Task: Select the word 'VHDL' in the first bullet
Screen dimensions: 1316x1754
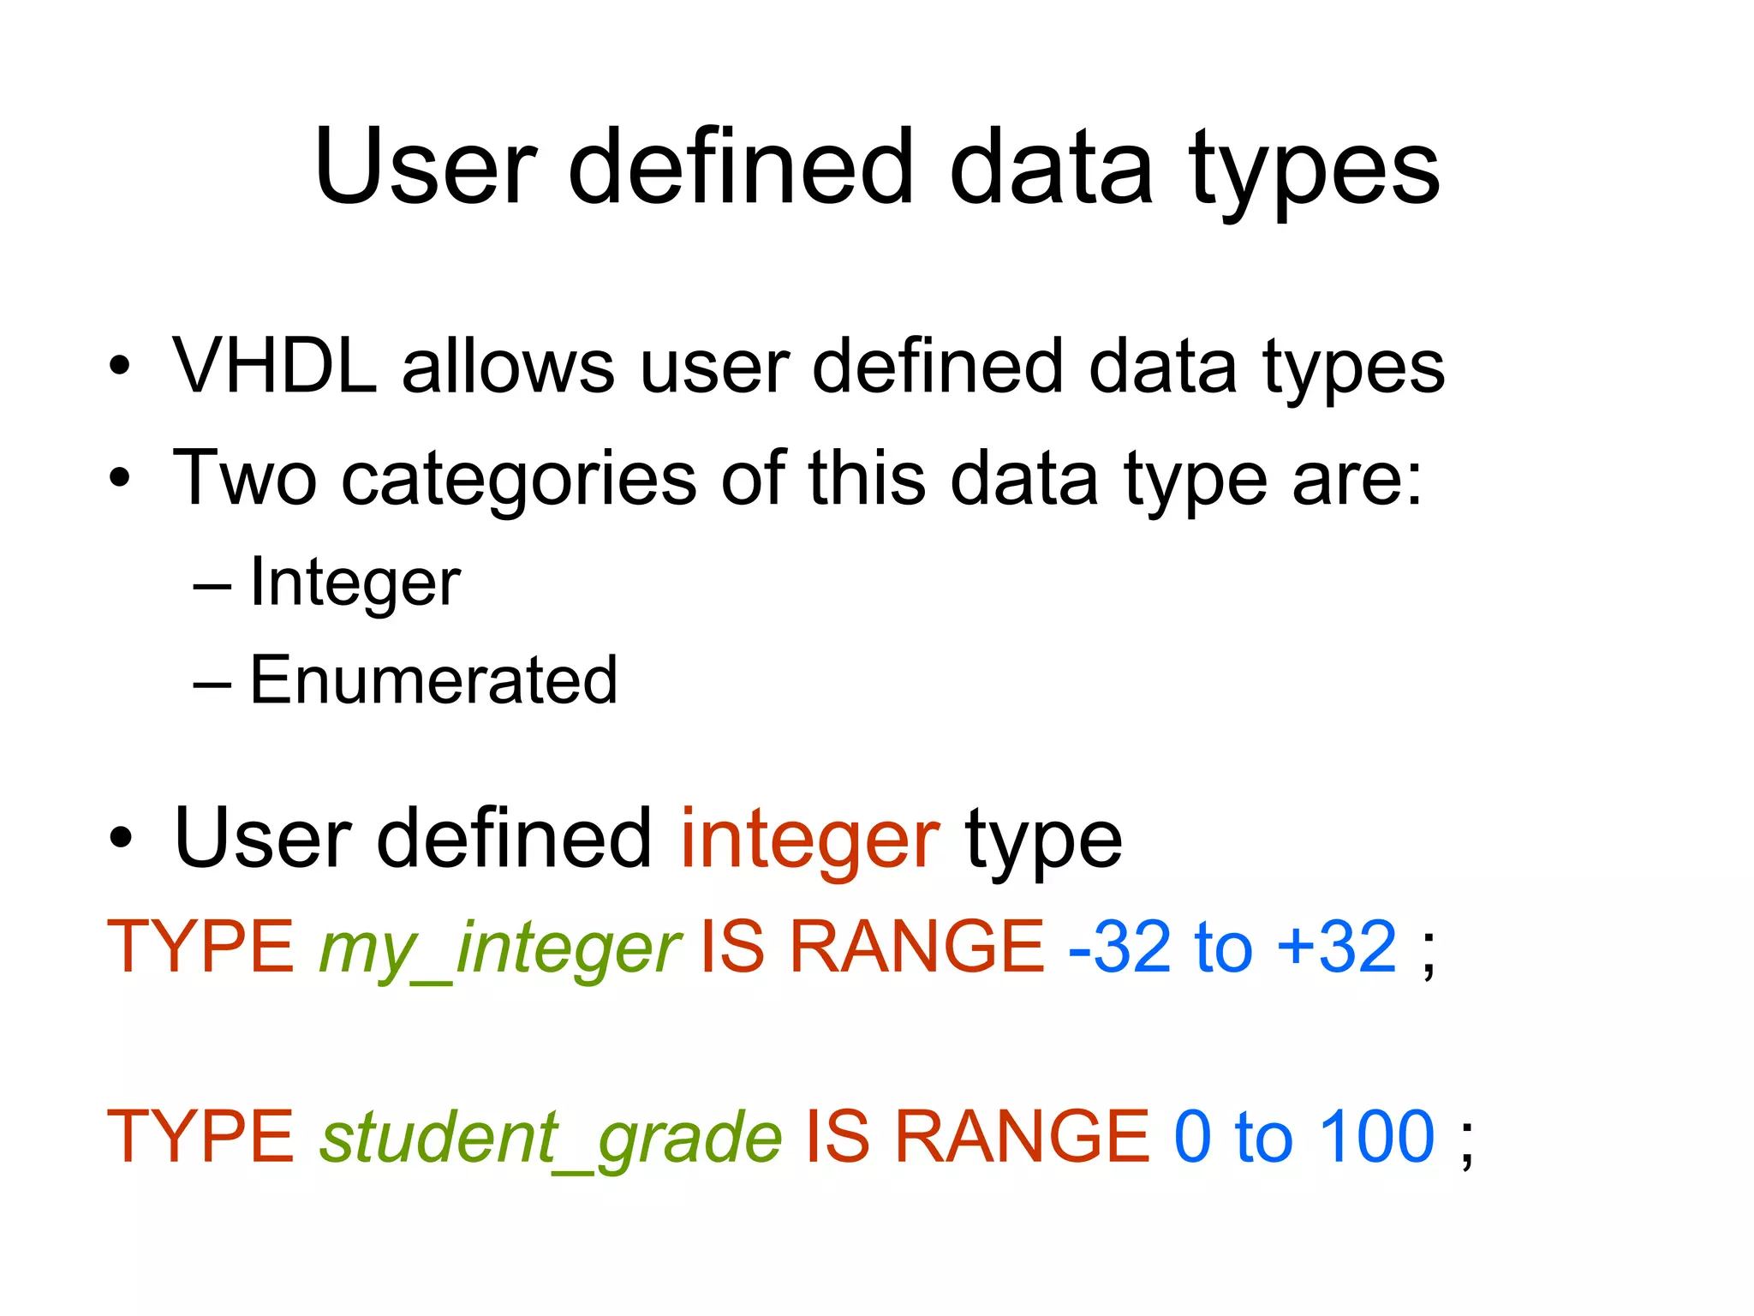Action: [x=275, y=367]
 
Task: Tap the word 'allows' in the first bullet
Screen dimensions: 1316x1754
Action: [x=508, y=367]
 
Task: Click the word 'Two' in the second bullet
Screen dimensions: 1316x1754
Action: [x=245, y=478]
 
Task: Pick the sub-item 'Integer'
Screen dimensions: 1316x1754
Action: [x=355, y=583]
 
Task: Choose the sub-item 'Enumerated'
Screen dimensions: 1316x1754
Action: [x=433, y=680]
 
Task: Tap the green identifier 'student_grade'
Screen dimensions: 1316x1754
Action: [x=551, y=1138]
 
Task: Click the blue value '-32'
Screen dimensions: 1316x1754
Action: [x=1120, y=948]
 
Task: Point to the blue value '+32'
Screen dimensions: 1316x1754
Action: [x=1337, y=948]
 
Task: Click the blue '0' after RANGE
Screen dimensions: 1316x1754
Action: [x=1193, y=1137]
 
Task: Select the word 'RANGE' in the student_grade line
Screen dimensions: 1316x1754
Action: [x=1022, y=1137]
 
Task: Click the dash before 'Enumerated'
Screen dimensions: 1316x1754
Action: [x=212, y=684]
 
